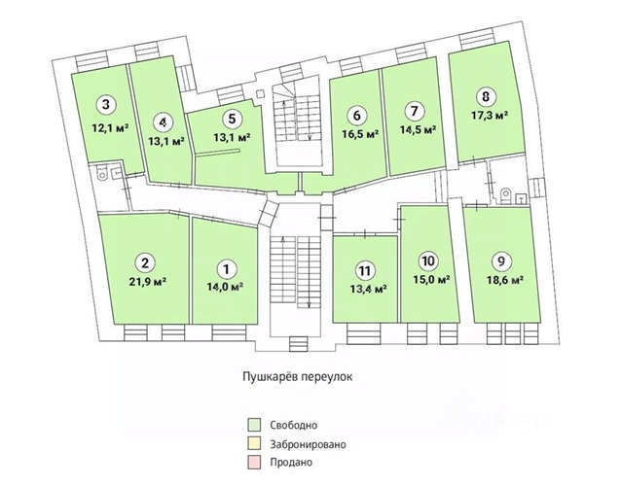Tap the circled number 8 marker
click(486, 96)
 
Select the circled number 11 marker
click(364, 270)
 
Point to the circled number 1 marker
click(226, 268)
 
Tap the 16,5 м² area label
click(358, 132)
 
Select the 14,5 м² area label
click(417, 129)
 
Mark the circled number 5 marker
click(230, 120)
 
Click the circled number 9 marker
click(500, 260)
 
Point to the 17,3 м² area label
click(488, 116)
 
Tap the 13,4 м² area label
click(366, 289)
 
